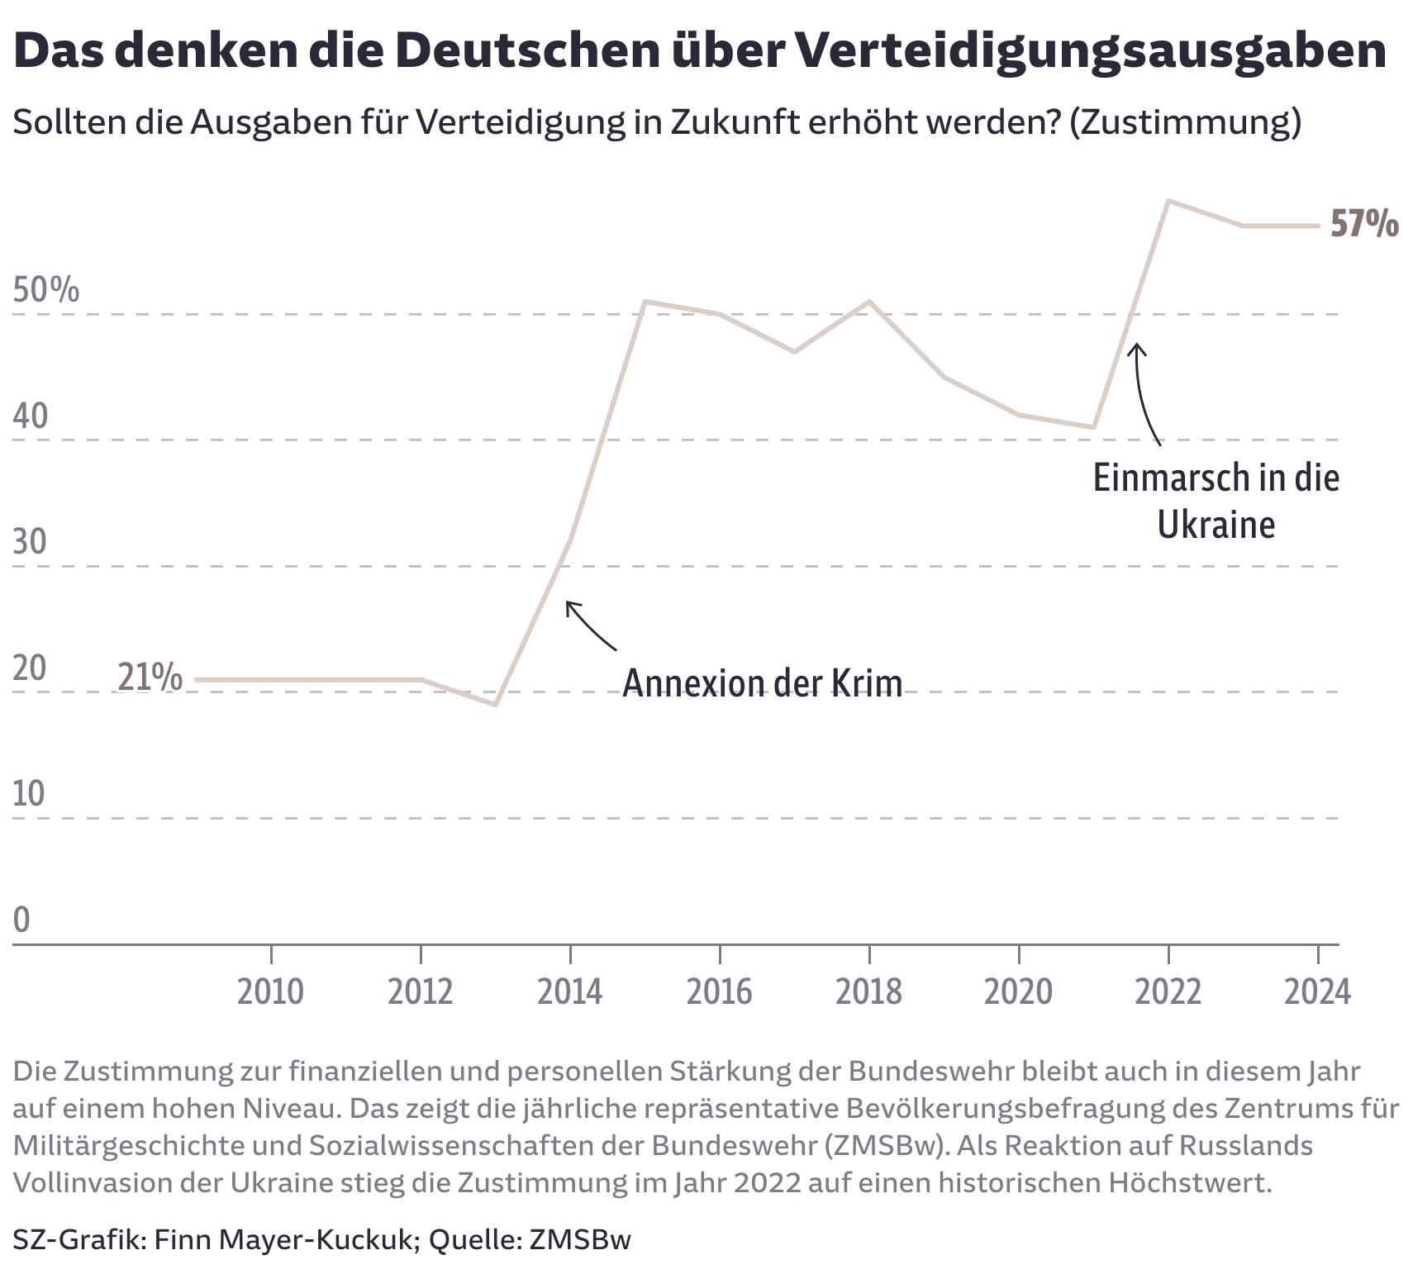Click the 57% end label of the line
pos(1363,224)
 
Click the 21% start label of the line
pos(150,677)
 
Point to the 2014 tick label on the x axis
pos(569,991)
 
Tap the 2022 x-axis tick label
pos(1168,991)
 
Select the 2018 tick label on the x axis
pos(868,991)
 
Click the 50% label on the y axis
pos(46,290)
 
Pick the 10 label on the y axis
pos(29,794)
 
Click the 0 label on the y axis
pos(21,920)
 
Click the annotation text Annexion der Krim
pos(761,683)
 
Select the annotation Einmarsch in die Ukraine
pos(1216,501)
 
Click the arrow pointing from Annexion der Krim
pos(590,625)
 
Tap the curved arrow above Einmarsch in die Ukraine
pos(1145,393)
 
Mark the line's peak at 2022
pos(1168,201)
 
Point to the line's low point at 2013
pos(495,705)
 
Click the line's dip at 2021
pos(1093,427)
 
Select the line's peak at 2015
pos(645,302)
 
